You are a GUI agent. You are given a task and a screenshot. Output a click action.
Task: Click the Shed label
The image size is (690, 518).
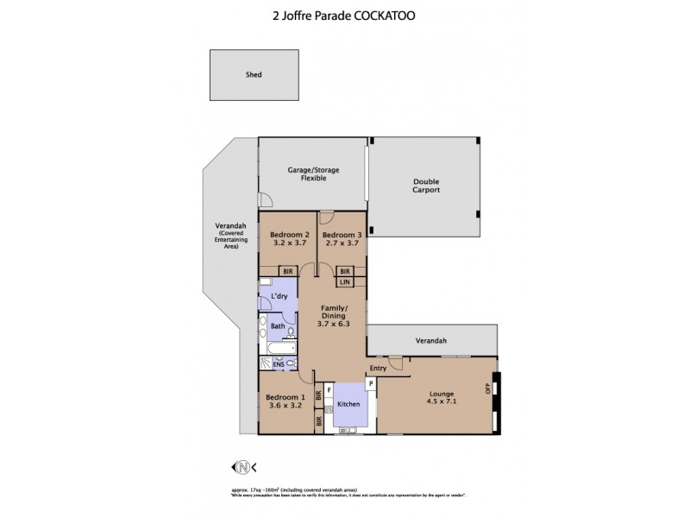[x=254, y=75]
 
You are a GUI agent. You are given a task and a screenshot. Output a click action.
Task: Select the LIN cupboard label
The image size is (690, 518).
[x=344, y=281]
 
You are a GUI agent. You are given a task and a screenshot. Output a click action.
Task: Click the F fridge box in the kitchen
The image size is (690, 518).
[x=329, y=390]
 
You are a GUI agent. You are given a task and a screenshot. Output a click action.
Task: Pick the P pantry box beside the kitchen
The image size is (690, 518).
[x=370, y=383]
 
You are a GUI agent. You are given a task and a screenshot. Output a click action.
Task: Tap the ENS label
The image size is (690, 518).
[x=279, y=364]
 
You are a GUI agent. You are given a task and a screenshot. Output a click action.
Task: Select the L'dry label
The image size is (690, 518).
[x=279, y=297]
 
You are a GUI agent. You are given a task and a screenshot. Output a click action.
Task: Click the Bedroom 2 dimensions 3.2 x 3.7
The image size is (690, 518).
[x=289, y=244]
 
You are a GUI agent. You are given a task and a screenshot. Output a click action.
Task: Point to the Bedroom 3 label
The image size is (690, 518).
[x=341, y=235]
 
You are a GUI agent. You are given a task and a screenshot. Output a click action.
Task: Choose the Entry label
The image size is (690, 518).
[x=378, y=368]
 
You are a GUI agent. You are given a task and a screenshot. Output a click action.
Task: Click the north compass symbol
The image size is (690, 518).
[x=244, y=467]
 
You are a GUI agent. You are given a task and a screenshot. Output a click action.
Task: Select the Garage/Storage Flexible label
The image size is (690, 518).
[x=313, y=174]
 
